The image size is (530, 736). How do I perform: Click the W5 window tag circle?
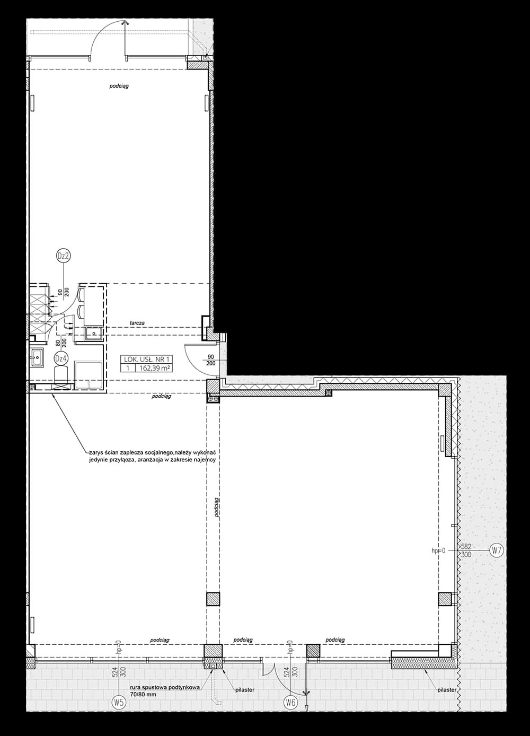[x=119, y=703]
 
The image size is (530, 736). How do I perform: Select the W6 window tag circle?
[x=290, y=703]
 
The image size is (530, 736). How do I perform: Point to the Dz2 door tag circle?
[x=63, y=257]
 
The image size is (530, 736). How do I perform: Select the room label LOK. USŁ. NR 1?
[x=147, y=359]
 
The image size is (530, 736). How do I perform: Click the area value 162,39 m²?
[x=154, y=367]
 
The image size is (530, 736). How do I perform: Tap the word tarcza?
[x=137, y=323]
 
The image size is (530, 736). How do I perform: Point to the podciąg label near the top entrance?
[x=119, y=86]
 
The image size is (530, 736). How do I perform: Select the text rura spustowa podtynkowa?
[x=164, y=687]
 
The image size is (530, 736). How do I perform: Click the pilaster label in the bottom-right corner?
[x=447, y=690]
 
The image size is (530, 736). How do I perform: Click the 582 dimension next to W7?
[x=466, y=546]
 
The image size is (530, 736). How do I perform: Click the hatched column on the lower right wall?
[x=444, y=599]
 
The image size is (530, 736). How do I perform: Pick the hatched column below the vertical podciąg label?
[x=213, y=599]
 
